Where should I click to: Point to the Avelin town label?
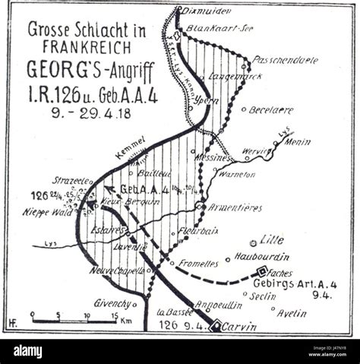(291, 312)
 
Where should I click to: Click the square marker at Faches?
(261, 271)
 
